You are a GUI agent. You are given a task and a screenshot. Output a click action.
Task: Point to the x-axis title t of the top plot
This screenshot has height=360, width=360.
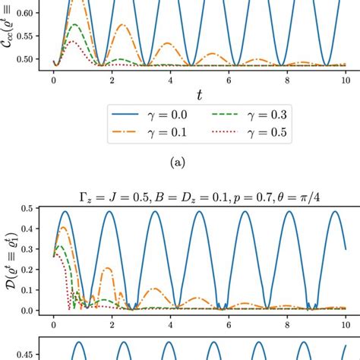coord(199,94)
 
